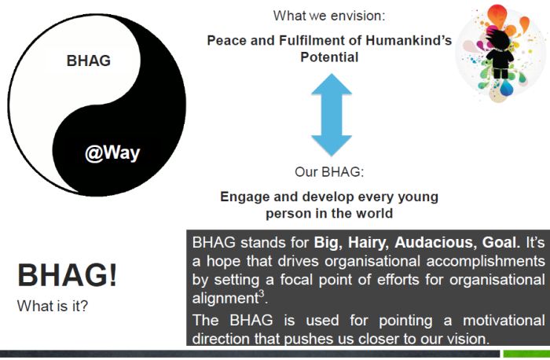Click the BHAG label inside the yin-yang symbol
coord(89,61)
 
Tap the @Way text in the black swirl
coord(112,153)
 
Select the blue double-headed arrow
coord(331,115)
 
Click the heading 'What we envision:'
coord(329,16)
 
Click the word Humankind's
coord(409,40)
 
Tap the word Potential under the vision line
coord(329,57)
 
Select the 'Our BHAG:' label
coord(329,172)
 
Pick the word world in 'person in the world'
coord(374,213)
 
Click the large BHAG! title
coord(67,275)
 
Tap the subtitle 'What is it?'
coord(53,307)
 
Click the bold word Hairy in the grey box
coord(368,243)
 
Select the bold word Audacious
coord(435,242)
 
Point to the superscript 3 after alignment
coord(262,294)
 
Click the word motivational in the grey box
coord(504,321)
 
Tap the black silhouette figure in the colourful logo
coord(500,53)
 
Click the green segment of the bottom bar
coord(526,354)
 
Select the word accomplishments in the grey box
coord(486,262)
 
